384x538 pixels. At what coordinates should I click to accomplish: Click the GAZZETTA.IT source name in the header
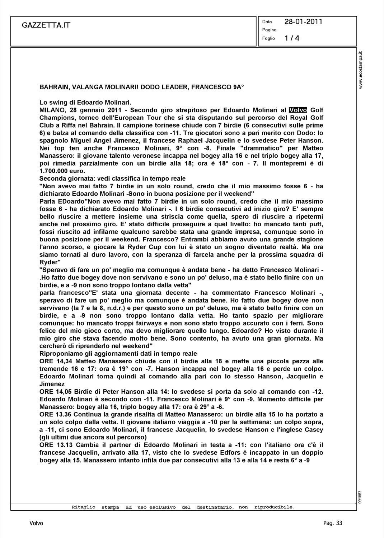point(46,25)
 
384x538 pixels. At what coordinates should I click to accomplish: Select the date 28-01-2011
point(303,22)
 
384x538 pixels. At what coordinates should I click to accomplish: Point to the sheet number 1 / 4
point(291,38)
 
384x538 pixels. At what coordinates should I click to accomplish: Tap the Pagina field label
point(269,30)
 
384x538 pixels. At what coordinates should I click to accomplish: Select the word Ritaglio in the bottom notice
point(84,507)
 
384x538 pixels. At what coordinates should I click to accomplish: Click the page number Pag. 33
point(333,523)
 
